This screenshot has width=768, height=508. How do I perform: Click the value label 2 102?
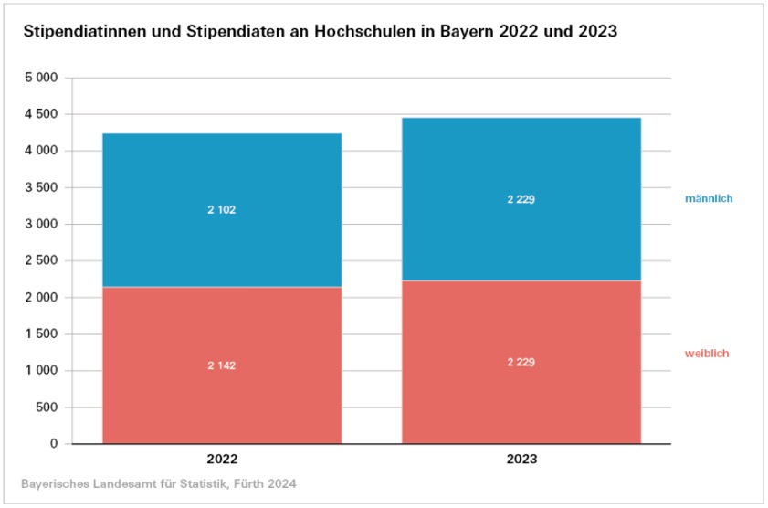(x=222, y=209)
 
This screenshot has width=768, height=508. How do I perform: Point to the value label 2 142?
(x=222, y=365)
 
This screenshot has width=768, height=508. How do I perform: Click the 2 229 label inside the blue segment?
(x=521, y=199)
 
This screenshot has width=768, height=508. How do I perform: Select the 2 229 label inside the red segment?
(x=521, y=362)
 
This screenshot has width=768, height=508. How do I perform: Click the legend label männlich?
(x=709, y=198)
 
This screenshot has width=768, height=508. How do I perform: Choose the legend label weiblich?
(x=707, y=353)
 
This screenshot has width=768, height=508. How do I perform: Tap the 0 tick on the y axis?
(x=54, y=444)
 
